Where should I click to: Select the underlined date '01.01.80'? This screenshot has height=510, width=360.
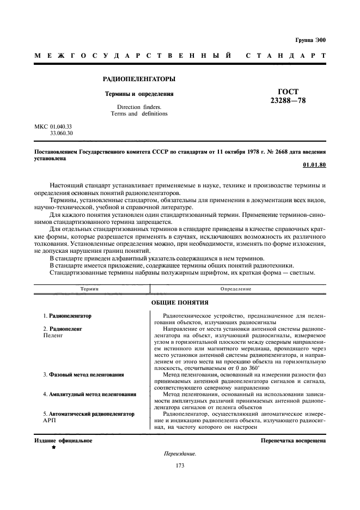314,164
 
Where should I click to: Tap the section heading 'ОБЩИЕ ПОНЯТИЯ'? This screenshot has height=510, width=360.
180,302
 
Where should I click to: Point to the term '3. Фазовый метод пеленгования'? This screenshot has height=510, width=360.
83,375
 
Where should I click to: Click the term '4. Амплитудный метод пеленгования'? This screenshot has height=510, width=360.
89,394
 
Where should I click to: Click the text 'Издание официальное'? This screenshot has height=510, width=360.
63,440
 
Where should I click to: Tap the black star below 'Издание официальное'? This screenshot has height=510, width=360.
53,447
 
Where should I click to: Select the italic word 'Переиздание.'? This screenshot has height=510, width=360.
180,454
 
